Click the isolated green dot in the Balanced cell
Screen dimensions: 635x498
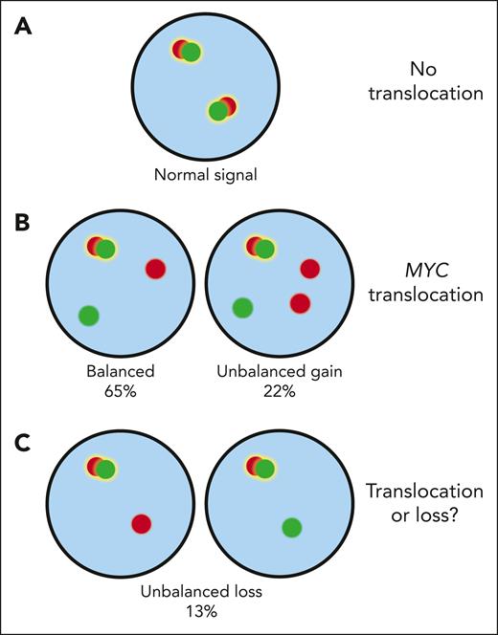(88, 315)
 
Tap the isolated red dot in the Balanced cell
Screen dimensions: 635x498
(155, 270)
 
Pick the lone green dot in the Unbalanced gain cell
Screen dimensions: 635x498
(242, 307)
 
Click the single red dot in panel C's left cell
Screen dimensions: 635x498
(141, 523)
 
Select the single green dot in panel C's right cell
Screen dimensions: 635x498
(292, 527)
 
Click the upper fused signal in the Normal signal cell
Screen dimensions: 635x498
(187, 51)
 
